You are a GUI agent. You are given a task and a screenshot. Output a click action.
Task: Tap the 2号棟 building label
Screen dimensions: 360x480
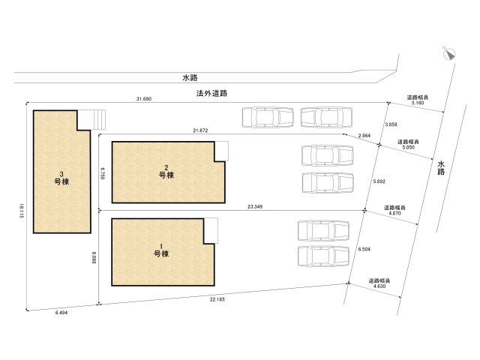click(166, 171)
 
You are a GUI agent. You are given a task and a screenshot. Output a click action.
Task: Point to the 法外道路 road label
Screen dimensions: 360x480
click(211, 94)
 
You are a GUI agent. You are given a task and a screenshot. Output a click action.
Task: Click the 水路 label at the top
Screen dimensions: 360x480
click(190, 77)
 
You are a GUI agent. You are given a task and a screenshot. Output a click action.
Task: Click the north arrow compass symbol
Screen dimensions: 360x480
click(447, 53)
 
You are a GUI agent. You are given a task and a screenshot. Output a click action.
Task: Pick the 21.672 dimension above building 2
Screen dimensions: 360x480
click(200, 130)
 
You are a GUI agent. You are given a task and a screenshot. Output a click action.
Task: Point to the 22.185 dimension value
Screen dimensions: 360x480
click(217, 299)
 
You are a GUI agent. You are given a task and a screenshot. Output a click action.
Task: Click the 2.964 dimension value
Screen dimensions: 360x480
click(364, 135)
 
